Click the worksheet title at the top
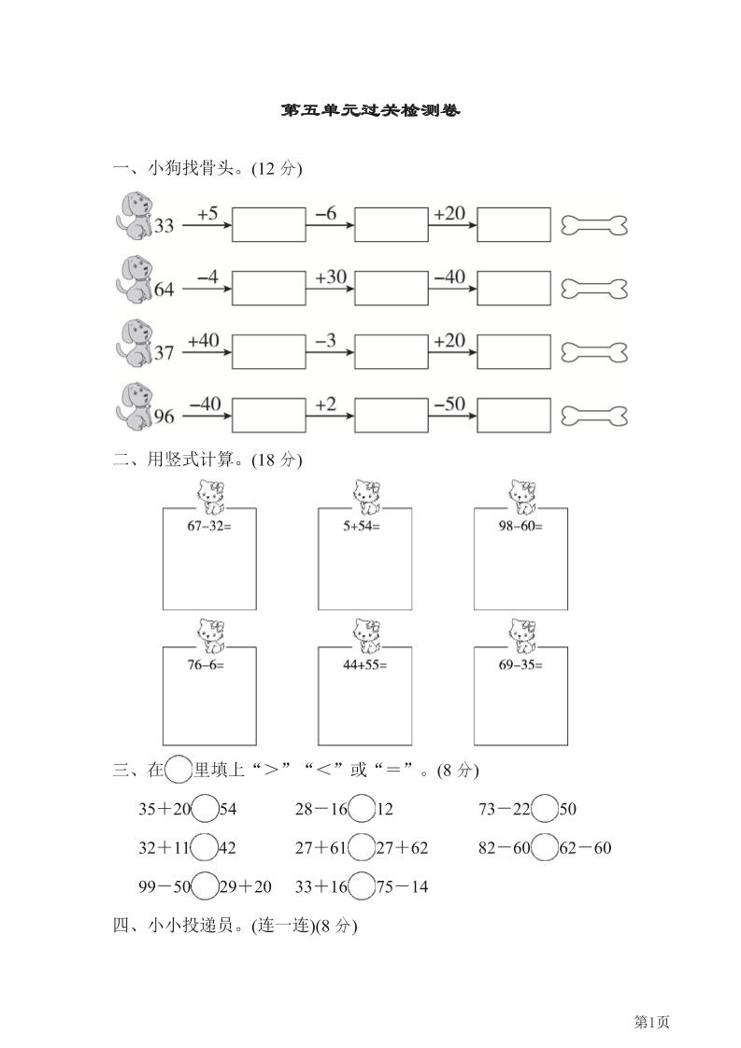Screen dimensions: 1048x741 point(370,110)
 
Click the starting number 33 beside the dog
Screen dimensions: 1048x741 point(164,226)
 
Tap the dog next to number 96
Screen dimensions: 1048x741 point(133,406)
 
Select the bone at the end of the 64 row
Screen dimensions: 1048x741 point(593,290)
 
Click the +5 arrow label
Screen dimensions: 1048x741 point(207,215)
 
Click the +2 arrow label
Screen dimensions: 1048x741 point(325,404)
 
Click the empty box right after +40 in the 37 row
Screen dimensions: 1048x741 point(268,352)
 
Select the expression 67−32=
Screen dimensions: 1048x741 point(209,525)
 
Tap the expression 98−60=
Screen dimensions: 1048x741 point(520,525)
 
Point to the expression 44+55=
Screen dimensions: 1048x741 point(364,664)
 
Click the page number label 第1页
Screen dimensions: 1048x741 point(653,1022)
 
